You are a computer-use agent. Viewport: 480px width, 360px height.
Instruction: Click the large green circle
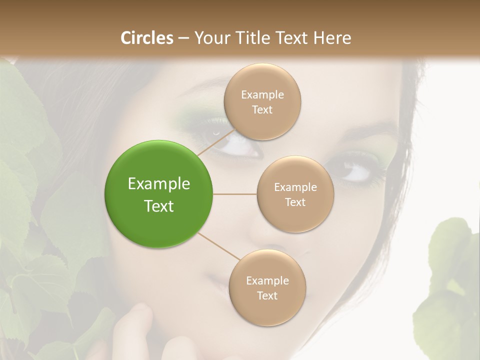pos(159,194)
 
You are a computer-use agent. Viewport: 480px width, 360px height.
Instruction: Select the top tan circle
pos(262,101)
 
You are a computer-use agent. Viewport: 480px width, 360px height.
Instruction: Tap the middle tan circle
pos(295,194)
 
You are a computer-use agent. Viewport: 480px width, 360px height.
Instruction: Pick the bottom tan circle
pos(267,287)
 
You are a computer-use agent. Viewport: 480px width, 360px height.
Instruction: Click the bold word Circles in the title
pos(147,38)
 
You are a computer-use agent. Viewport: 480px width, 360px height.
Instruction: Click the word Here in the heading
pos(332,38)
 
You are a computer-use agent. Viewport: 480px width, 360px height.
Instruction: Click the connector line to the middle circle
pos(234,194)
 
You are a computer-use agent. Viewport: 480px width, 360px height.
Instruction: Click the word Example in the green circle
pos(159,184)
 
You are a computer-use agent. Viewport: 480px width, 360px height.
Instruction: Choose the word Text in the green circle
pos(159,206)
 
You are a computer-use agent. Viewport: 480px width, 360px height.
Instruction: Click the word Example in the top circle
pos(262,95)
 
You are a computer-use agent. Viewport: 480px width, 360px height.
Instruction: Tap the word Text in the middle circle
pos(295,202)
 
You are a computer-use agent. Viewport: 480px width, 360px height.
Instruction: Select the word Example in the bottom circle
pos(267,281)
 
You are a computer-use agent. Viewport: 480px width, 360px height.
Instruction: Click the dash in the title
pos(183,38)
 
